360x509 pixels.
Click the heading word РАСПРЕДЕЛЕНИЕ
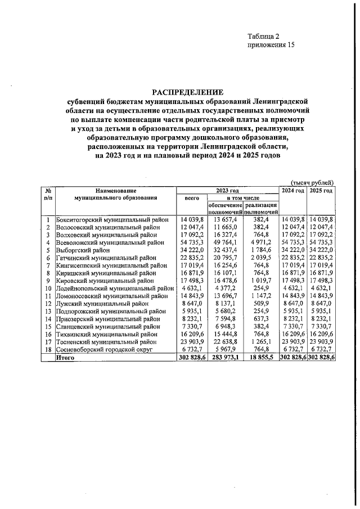click(188, 92)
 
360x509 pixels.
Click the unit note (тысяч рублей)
click(312, 182)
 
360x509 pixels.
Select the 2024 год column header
click(293, 191)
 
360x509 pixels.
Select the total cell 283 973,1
click(226, 357)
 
